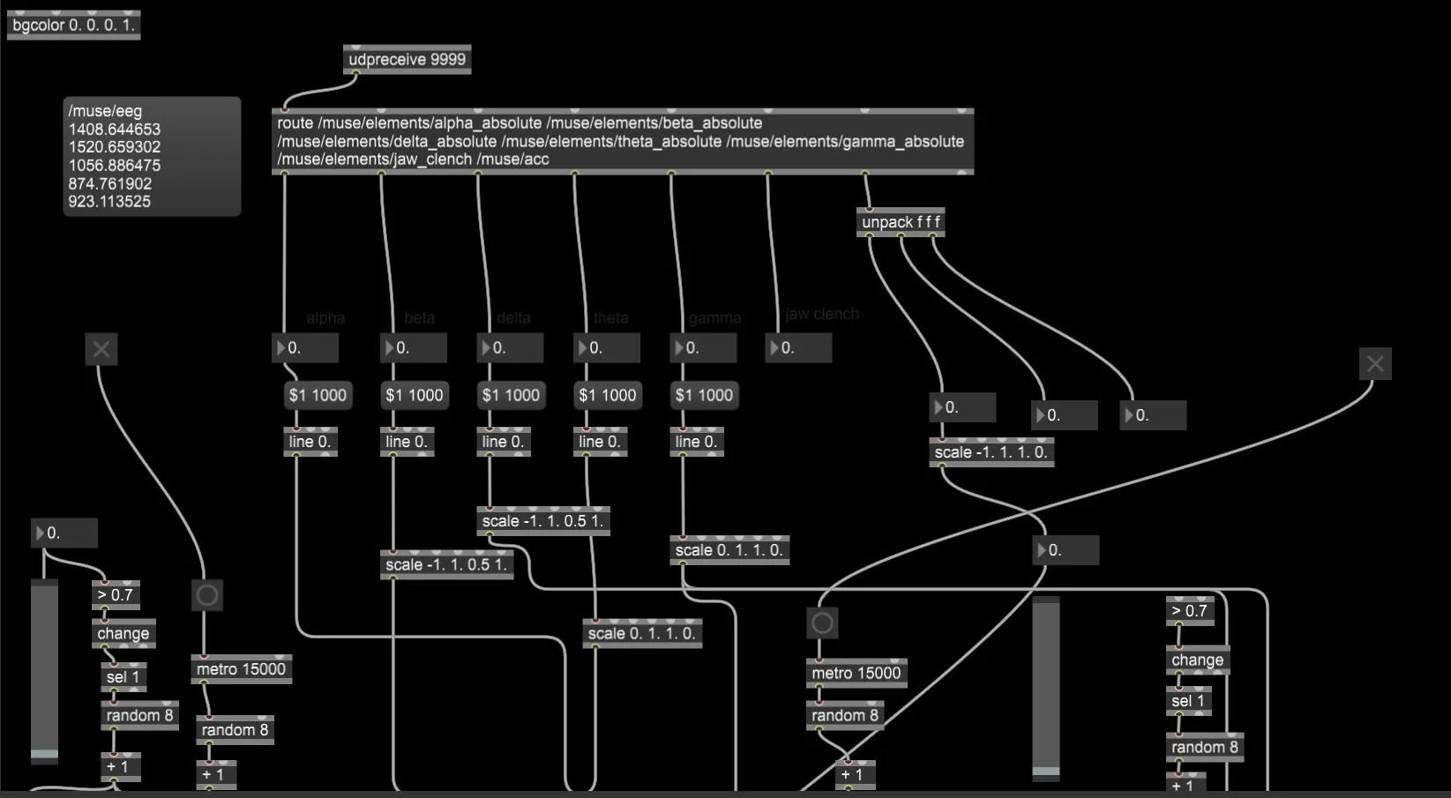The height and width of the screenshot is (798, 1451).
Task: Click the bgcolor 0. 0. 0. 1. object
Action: click(73, 25)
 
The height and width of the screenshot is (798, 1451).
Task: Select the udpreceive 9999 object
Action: click(407, 60)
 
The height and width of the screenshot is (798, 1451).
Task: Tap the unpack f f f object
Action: click(901, 222)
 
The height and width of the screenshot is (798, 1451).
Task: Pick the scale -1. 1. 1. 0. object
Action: click(991, 452)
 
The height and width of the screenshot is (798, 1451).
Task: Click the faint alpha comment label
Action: click(325, 318)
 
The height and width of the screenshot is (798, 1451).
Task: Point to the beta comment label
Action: click(419, 318)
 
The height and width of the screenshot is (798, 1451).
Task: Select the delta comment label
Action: click(513, 318)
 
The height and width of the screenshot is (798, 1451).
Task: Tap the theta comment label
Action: click(610, 318)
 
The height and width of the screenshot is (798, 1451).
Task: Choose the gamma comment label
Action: click(714, 318)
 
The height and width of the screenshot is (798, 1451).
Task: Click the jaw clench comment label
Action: click(821, 314)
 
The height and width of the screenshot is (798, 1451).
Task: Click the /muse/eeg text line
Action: click(105, 111)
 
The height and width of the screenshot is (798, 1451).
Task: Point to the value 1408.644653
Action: click(115, 130)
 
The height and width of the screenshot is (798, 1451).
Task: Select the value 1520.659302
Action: click(115, 147)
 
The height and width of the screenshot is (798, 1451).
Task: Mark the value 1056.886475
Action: click(115, 166)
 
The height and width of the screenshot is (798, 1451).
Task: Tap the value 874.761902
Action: click(110, 183)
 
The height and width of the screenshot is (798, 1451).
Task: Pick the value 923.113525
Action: click(110, 202)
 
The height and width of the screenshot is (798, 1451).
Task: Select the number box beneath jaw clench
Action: click(798, 348)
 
